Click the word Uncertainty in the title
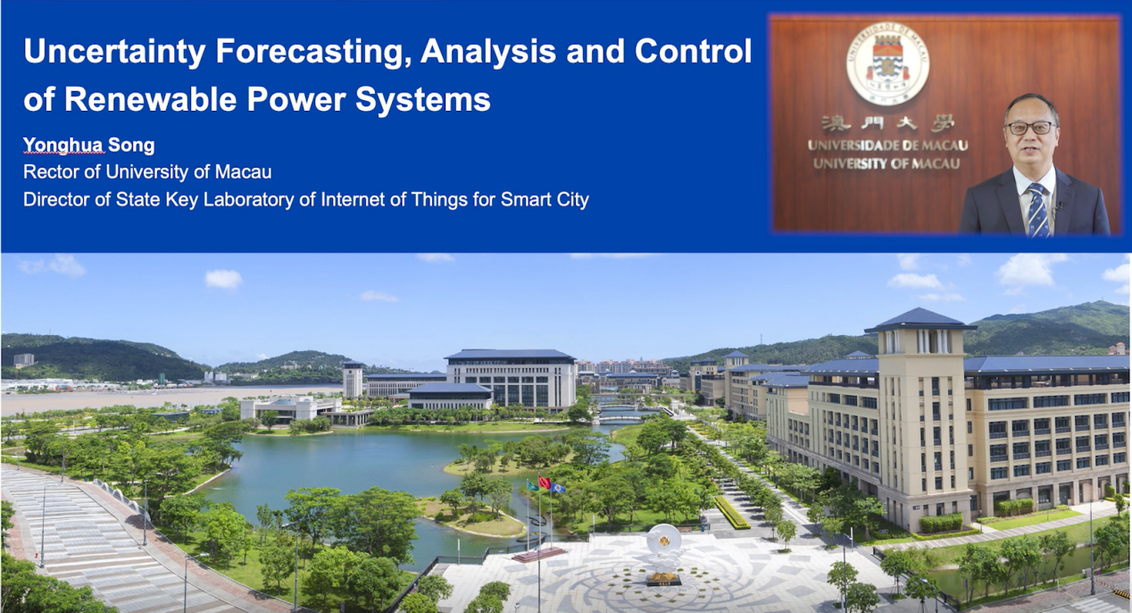114,52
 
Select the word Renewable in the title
151,99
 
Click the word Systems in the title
423,100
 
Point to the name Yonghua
63,146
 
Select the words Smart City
545,200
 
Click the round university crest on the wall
887,63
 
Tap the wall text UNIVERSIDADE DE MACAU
887,146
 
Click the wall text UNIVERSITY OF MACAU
886,164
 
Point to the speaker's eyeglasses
1030,128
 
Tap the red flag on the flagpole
545,482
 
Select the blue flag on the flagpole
558,488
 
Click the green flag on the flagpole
533,485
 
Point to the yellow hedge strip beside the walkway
731,512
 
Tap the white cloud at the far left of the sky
51,266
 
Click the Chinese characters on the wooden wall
887,123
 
